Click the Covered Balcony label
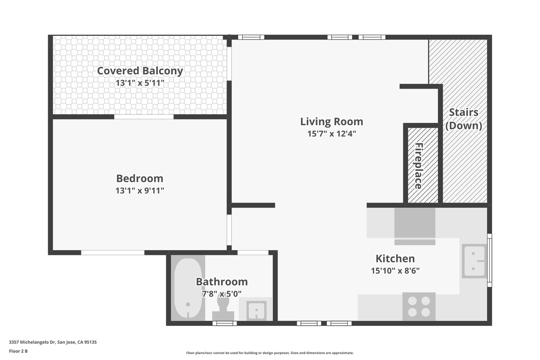(140, 71)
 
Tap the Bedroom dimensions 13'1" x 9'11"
(140, 191)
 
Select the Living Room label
(332, 122)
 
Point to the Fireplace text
(419, 166)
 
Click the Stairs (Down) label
(464, 119)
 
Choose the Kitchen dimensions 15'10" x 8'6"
(395, 271)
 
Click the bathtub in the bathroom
(188, 288)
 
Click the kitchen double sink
(474, 261)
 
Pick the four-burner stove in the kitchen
(419, 306)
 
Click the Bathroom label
(222, 282)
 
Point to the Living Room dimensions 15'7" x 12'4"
(332, 134)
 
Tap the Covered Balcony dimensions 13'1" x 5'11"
(140, 83)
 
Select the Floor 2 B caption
(18, 351)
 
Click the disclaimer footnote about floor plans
(270, 353)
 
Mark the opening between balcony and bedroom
(144, 117)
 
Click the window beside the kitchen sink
(489, 260)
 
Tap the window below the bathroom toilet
(225, 323)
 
